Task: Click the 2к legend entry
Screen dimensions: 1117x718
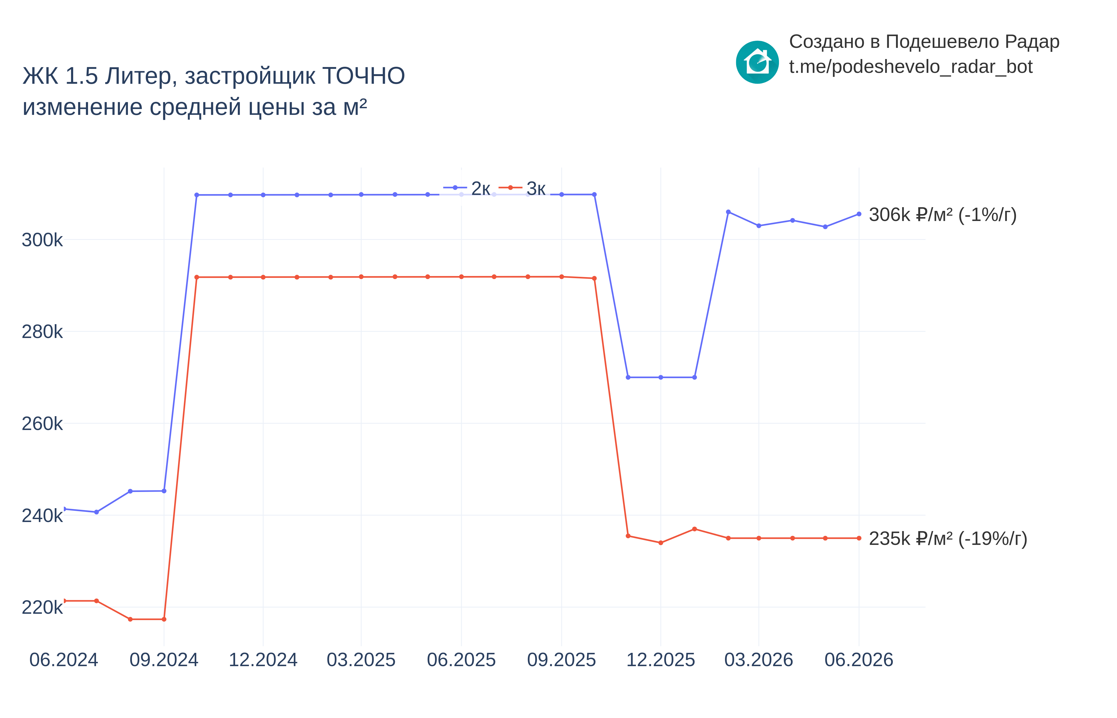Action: pos(467,188)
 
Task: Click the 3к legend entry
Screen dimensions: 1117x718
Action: pos(522,188)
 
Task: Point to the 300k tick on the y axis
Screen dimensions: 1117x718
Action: pos(42,240)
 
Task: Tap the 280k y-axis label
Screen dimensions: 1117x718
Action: pos(42,332)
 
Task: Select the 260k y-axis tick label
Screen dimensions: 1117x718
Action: pos(42,424)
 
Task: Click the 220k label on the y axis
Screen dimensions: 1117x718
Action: pos(42,607)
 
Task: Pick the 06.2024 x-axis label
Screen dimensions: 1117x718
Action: pos(64,660)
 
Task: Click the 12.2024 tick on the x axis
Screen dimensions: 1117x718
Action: pos(263,660)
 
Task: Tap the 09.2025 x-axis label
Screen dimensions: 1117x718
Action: pos(561,660)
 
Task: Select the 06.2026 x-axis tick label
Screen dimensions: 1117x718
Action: pos(859,660)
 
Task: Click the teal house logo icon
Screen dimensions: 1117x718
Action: pos(757,62)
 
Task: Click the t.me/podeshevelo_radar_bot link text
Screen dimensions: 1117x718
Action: pos(910,67)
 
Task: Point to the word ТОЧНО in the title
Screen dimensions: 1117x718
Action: pos(363,76)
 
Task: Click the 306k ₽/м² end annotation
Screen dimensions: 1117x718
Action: pos(943,215)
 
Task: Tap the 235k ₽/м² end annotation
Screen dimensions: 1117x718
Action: pos(948,539)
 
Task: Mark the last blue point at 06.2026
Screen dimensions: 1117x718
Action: pos(859,214)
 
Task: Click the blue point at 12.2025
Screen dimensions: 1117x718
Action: pos(661,377)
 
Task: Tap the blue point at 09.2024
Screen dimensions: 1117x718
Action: pos(164,491)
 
